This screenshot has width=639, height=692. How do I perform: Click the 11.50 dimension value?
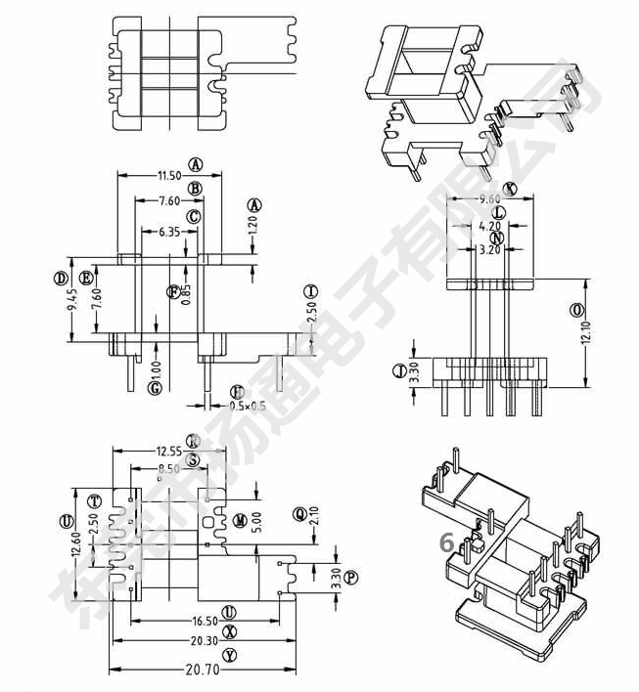[168, 176]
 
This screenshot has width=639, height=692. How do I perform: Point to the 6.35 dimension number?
[168, 232]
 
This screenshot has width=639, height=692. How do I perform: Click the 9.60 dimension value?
[490, 199]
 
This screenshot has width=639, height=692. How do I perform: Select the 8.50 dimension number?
[169, 469]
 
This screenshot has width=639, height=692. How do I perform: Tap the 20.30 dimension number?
[205, 641]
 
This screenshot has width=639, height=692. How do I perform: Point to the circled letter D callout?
[61, 279]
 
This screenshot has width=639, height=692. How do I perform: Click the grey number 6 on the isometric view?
[446, 542]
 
